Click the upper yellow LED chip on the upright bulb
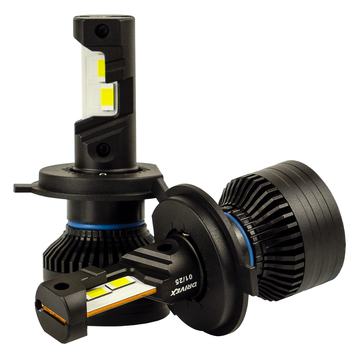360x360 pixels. coord(102,68)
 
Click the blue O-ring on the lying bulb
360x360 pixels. coord(240,238)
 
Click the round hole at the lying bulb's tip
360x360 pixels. coord(62,287)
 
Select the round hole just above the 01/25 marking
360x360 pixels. coord(165,247)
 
